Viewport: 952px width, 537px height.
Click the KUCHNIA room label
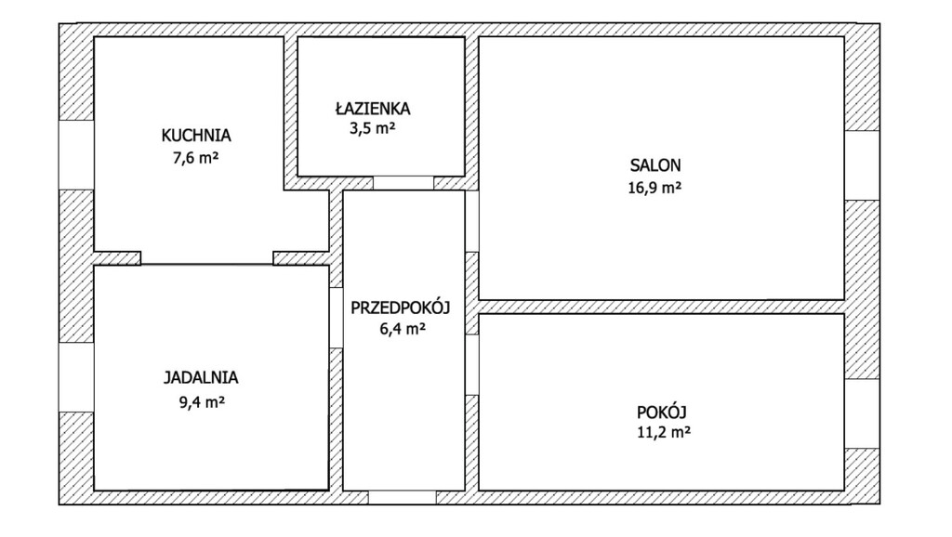(x=196, y=136)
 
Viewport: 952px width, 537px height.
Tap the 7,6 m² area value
(x=195, y=158)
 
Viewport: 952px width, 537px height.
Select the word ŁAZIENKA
(x=372, y=108)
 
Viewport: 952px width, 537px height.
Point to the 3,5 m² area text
(x=372, y=128)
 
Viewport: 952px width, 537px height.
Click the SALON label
(x=655, y=165)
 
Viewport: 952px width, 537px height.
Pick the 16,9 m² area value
(x=654, y=188)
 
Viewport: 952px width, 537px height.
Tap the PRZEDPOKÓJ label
(x=400, y=308)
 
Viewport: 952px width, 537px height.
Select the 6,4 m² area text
(x=402, y=329)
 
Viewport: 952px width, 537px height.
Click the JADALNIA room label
(x=201, y=377)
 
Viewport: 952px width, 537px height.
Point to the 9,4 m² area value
(x=202, y=401)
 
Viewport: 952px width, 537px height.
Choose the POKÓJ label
(x=661, y=412)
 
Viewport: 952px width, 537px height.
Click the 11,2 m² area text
(x=664, y=432)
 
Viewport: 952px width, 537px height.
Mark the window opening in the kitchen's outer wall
(x=76, y=155)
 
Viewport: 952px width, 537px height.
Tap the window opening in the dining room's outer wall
(x=76, y=377)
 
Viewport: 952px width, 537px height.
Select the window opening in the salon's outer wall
(x=862, y=165)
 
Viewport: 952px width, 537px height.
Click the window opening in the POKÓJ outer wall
(x=862, y=413)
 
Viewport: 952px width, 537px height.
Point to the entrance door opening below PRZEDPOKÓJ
(x=402, y=498)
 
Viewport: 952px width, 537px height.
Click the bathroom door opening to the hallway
(x=403, y=183)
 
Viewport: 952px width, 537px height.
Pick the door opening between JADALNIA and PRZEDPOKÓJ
(x=336, y=318)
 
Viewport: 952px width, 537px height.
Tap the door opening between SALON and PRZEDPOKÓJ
(x=471, y=221)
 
